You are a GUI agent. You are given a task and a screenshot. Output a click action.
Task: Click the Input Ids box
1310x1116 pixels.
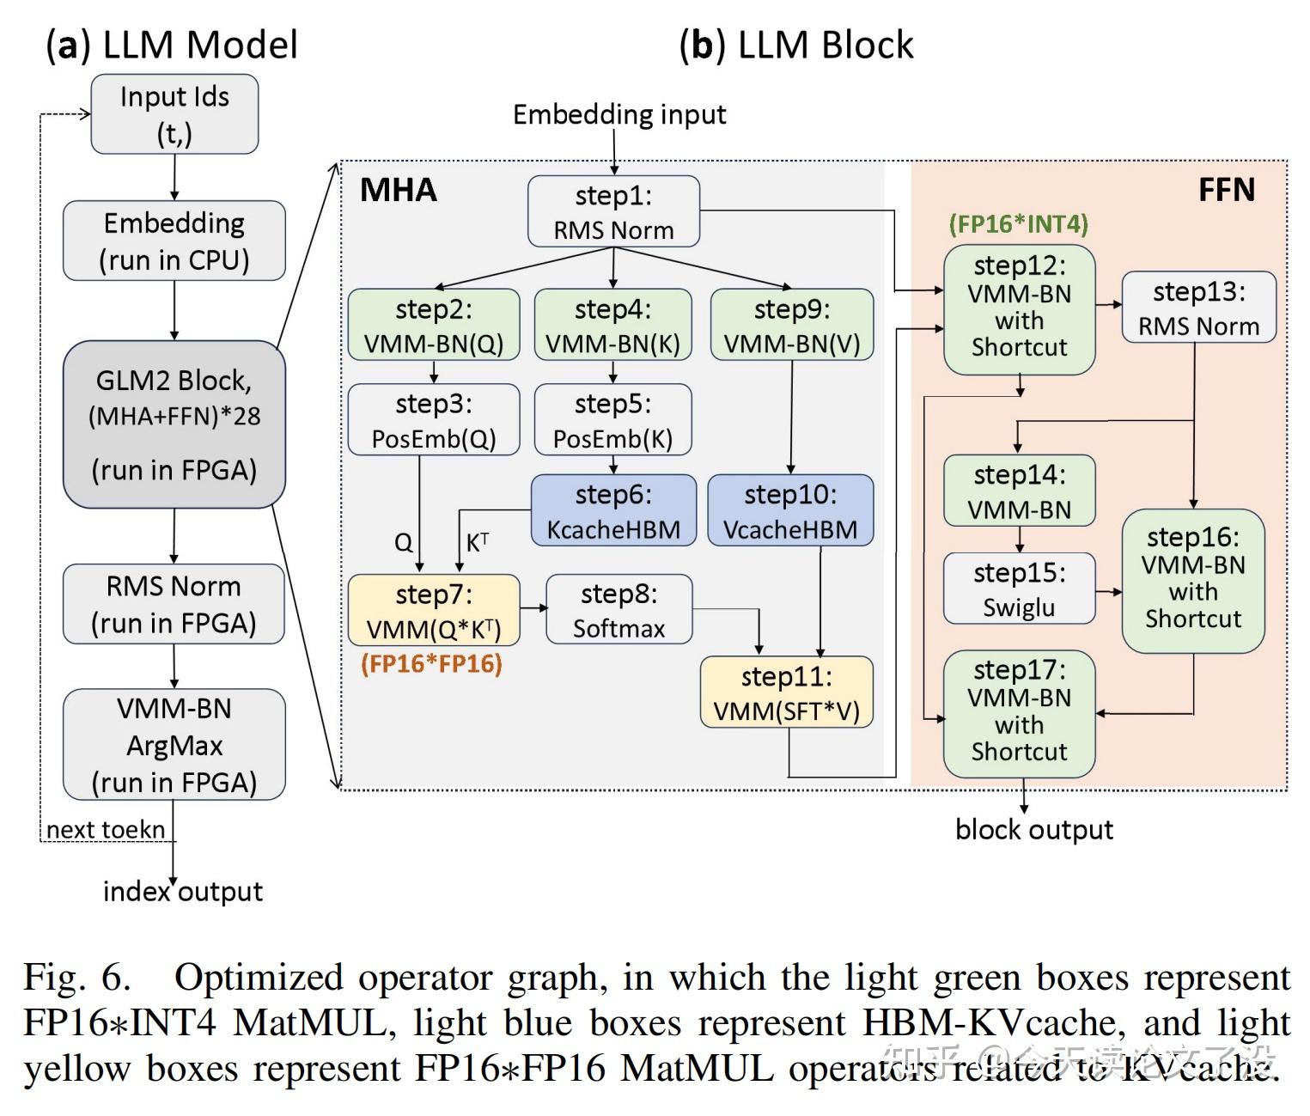[174, 114]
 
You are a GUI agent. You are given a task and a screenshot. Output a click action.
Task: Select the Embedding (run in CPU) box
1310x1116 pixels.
[174, 241]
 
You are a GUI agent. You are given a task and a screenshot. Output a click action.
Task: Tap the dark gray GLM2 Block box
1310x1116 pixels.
[174, 424]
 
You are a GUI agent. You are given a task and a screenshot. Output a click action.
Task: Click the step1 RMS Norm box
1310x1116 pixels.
[613, 212]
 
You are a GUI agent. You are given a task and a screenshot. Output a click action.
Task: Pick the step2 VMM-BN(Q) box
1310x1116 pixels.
[434, 325]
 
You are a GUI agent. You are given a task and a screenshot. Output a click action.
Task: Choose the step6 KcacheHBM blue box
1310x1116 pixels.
[613, 511]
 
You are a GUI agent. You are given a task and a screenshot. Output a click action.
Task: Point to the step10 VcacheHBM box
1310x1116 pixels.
[790, 511]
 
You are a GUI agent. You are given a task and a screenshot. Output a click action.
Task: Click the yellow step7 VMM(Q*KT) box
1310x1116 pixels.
[434, 611]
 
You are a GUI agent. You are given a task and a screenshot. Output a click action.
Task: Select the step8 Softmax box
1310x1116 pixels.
[618, 610]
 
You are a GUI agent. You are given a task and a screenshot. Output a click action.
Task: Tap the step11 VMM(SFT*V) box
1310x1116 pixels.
[787, 692]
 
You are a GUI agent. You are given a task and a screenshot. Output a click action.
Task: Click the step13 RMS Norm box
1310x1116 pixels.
[1198, 308]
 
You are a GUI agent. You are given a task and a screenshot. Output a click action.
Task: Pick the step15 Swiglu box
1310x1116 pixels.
[1019, 589]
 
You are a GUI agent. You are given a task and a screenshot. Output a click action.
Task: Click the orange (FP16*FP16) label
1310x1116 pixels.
[431, 664]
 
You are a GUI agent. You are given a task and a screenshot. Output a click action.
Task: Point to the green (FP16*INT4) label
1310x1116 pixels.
[1019, 225]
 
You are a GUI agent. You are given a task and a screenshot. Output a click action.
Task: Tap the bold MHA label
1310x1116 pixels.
[399, 190]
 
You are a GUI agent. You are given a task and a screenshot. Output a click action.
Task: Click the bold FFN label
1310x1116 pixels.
[1226, 190]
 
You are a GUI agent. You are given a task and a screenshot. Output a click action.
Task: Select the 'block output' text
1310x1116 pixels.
[1034, 830]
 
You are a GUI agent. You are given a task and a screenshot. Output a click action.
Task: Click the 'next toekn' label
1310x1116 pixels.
[106, 830]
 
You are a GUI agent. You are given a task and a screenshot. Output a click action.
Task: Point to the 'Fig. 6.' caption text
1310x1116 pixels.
[77, 978]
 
